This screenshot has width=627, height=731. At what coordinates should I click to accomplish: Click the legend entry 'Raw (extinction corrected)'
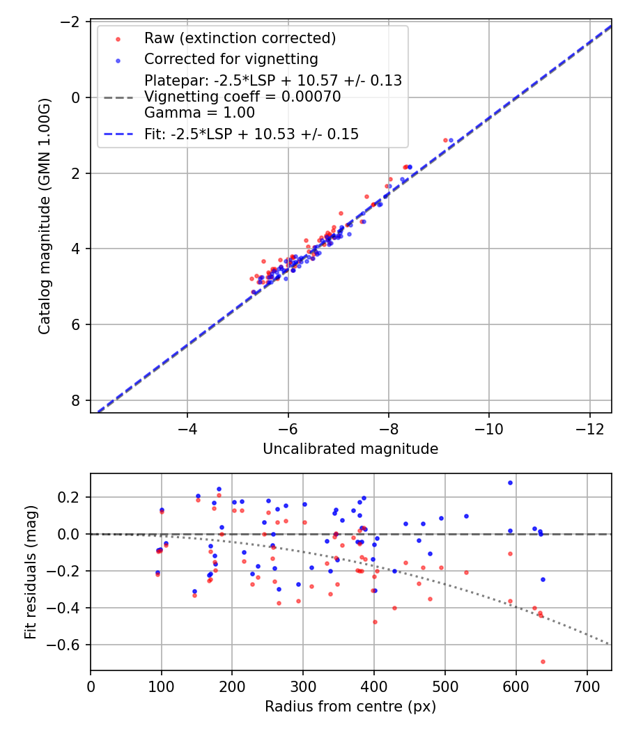[x=240, y=38]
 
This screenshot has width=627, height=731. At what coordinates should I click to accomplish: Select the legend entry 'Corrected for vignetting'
[x=231, y=59]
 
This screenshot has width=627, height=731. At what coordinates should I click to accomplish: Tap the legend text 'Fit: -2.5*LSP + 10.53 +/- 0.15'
[x=251, y=134]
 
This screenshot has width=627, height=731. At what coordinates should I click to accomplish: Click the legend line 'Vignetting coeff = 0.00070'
[x=242, y=97]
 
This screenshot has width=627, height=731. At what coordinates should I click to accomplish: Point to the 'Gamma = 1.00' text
[x=199, y=112]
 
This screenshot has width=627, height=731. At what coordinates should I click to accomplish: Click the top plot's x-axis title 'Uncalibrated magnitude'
[x=350, y=449]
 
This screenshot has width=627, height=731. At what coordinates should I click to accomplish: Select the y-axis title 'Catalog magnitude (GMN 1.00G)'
[x=45, y=216]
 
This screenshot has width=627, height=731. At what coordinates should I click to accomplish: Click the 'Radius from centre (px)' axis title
[x=350, y=707]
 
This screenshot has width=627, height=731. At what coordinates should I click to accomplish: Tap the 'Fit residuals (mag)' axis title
[x=31, y=572]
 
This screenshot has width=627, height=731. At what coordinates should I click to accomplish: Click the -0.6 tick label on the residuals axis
[x=67, y=645]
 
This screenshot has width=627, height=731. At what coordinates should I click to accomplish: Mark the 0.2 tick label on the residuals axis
[x=72, y=497]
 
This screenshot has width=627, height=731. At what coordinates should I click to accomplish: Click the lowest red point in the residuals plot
[x=543, y=661]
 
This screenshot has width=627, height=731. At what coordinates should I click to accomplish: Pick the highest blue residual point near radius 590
[x=510, y=482]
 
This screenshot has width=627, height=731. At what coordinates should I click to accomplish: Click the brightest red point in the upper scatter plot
[x=445, y=140]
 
